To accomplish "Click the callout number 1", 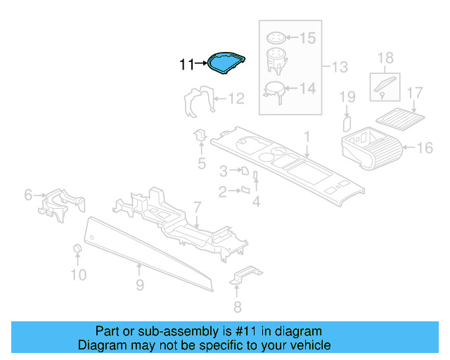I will (307, 134).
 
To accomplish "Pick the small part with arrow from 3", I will (245, 171).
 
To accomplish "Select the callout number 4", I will (257, 202).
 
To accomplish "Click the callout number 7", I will (198, 206).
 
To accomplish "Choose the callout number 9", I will (139, 284).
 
